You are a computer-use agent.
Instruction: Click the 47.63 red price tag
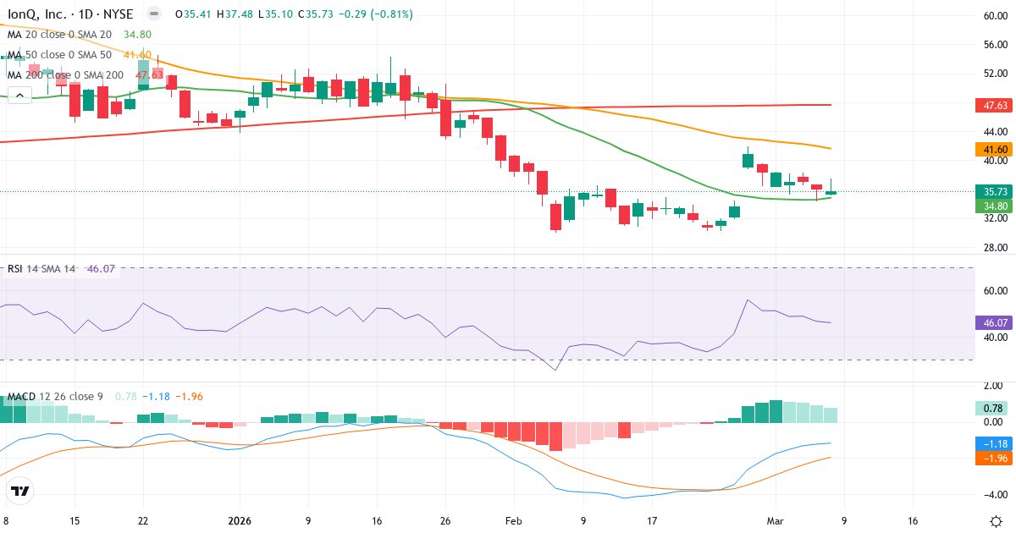(x=995, y=106)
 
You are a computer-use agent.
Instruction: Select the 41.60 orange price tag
(x=995, y=149)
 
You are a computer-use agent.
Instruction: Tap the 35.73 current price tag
(x=995, y=191)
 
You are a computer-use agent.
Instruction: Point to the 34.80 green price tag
(x=995, y=206)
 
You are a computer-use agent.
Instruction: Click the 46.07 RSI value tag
(x=995, y=322)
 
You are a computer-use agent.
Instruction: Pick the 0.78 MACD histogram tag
(x=995, y=409)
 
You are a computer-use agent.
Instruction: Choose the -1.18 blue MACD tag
(x=995, y=443)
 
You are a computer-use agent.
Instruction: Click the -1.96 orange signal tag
(x=995, y=458)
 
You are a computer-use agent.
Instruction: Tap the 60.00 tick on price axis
(x=995, y=15)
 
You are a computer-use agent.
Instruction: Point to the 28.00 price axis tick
(x=995, y=247)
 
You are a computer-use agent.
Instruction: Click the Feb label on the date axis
(x=515, y=521)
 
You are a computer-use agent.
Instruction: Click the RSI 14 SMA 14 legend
(x=41, y=269)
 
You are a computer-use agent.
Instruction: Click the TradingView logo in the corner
(x=20, y=491)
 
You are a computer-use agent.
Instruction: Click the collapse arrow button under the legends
(x=19, y=96)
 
